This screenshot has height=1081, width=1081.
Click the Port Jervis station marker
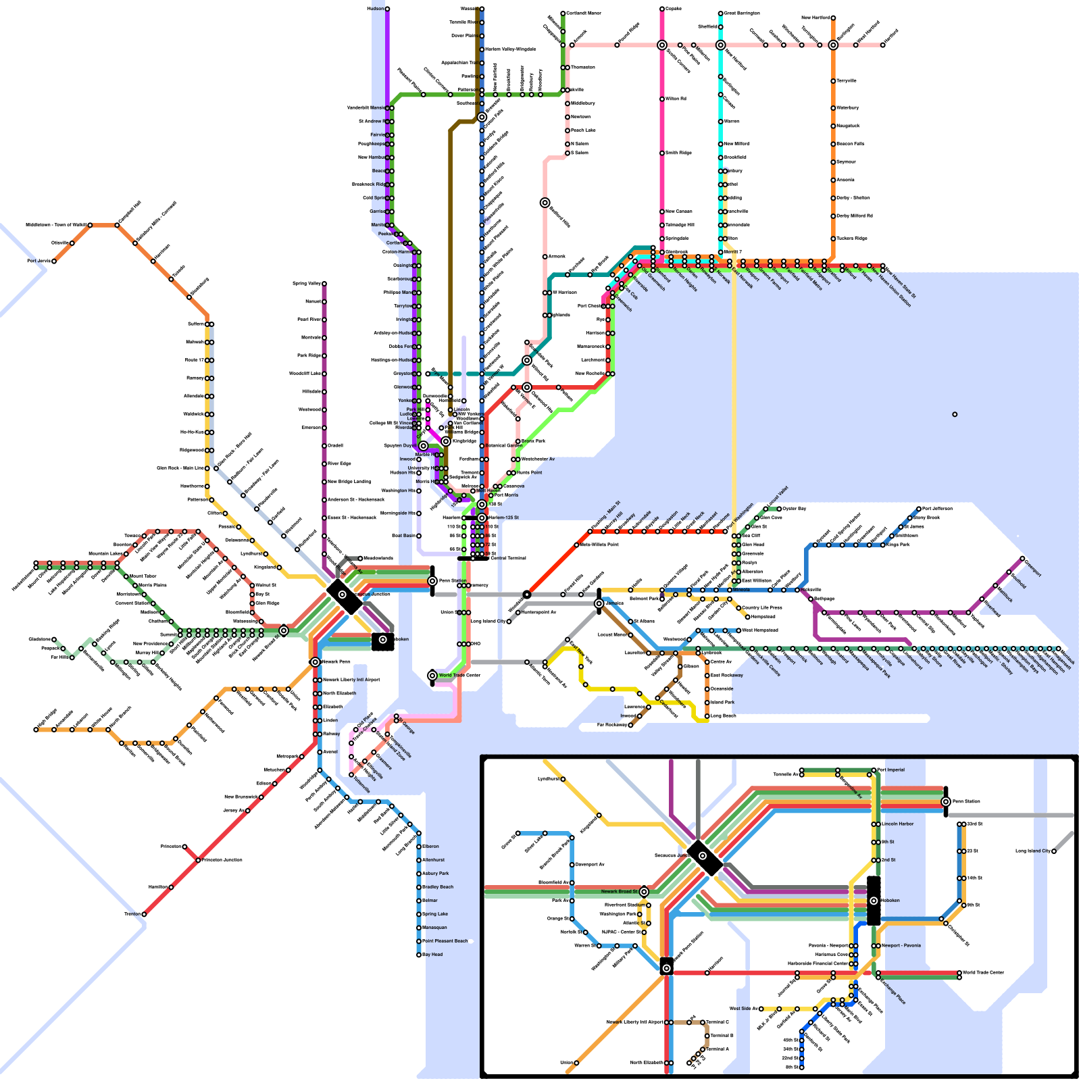tap(54, 261)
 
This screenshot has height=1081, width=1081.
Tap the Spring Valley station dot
tap(324, 284)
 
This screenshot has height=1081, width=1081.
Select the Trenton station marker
tap(144, 914)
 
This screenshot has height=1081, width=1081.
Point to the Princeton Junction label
tap(222, 860)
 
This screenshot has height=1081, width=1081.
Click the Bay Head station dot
tap(419, 955)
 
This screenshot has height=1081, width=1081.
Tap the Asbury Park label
tap(436, 874)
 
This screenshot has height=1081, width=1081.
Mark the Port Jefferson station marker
tap(919, 509)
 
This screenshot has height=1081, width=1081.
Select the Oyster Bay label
tap(794, 508)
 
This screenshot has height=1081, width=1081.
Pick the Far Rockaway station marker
tap(632, 725)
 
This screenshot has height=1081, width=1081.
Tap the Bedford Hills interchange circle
tap(545, 203)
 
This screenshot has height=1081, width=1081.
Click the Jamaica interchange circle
tap(599, 603)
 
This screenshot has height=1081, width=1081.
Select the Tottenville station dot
tap(351, 775)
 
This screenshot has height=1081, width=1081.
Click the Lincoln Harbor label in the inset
tap(898, 824)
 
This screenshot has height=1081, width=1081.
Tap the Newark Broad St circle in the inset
tap(644, 892)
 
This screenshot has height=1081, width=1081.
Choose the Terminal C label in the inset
tap(718, 1022)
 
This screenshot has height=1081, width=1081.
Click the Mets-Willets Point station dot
tap(576, 545)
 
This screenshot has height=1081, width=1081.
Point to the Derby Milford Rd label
tap(855, 216)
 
